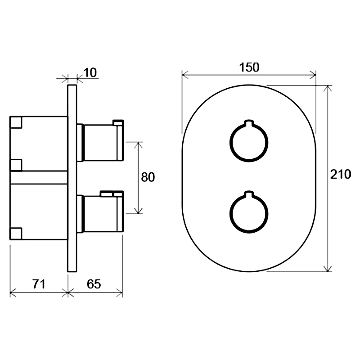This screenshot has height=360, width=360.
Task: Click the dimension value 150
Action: click(249, 67)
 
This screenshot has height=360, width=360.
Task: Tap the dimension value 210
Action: click(341, 174)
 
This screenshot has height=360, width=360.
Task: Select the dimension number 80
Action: click(148, 177)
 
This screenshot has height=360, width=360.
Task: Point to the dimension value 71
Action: click(39, 284)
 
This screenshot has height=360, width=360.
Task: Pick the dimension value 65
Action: click(94, 284)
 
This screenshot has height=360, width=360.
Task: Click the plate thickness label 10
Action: click(90, 72)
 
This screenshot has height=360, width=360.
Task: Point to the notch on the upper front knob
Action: click(249, 122)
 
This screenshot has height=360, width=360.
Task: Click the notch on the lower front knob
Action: click(249, 194)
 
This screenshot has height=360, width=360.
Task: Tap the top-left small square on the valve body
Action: click(16, 122)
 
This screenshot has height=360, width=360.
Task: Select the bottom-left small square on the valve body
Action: click(16, 234)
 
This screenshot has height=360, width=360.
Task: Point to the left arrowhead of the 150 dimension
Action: click(184, 75)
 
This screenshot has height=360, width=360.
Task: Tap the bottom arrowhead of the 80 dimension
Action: click(138, 211)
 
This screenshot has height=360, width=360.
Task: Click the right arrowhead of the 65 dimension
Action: click(120, 292)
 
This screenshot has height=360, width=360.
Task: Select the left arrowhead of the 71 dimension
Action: click(13, 292)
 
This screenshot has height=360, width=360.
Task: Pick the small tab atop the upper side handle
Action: click(118, 122)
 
